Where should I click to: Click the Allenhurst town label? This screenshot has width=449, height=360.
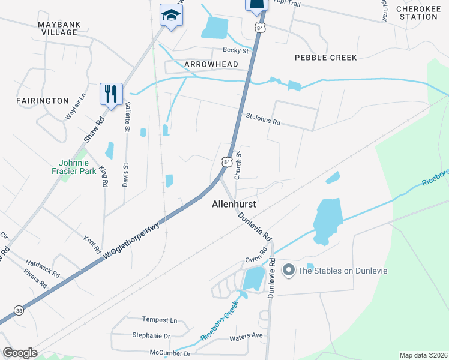(234, 204)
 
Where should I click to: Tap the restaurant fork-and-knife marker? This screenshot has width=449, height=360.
(111, 94)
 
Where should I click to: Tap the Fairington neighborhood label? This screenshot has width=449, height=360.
(43, 101)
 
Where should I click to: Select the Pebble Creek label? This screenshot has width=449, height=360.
(326, 58)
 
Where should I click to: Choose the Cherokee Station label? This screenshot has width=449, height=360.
(417, 13)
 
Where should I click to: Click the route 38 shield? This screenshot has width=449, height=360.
(19, 311)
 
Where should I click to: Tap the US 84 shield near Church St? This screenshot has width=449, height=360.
(226, 162)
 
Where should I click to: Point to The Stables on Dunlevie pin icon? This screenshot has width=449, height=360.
(289, 270)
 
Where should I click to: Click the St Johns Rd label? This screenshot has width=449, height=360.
(263, 118)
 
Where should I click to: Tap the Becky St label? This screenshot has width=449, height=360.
(235, 50)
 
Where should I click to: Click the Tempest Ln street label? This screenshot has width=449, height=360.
(160, 320)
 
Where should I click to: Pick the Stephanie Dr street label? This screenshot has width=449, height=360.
(151, 337)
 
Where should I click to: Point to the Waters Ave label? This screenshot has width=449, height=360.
(246, 337)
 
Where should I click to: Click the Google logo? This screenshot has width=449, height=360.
(20, 353)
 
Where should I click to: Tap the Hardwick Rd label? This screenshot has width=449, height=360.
(43, 268)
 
